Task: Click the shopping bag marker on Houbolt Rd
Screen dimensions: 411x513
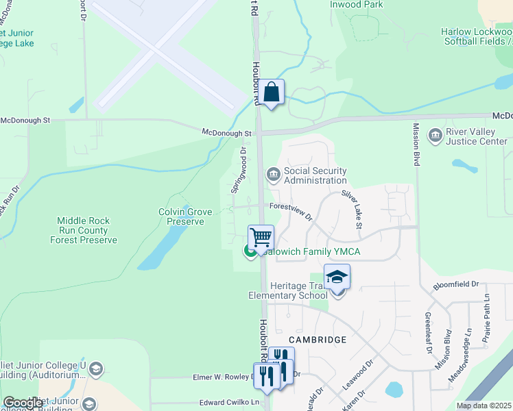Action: pos(272,92)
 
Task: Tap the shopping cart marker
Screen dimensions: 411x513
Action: pos(261,238)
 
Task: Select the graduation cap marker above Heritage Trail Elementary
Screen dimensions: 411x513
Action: pos(337,277)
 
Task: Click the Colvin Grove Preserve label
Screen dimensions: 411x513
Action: pos(185,217)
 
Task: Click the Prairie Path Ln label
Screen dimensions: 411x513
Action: pos(486,319)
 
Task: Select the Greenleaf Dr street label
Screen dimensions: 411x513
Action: pos(427,333)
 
